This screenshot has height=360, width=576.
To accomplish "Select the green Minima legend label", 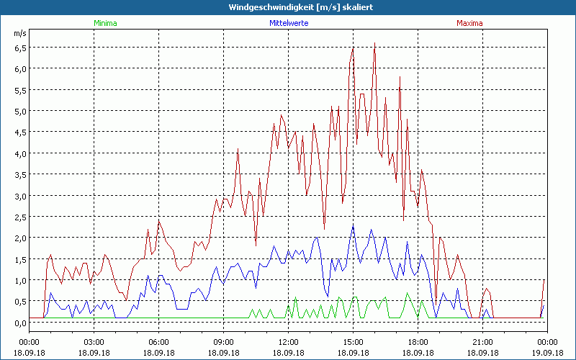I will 105,23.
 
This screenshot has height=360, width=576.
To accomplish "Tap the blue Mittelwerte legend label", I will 289,23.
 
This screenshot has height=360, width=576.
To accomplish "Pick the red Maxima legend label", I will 470,23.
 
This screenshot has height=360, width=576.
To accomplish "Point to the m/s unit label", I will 19,34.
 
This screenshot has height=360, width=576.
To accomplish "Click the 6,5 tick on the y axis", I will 20,48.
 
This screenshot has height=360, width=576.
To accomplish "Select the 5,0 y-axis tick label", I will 20,111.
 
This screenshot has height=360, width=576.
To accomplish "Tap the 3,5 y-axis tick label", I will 20,174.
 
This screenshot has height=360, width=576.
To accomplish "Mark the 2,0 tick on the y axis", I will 20,238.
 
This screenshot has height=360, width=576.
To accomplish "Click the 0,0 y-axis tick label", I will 20,323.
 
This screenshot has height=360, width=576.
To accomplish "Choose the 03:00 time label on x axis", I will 94,342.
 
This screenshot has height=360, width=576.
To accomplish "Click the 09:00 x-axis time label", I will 223,342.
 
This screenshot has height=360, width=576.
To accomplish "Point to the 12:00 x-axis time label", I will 288,342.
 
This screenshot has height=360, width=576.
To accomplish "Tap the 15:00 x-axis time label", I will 353,342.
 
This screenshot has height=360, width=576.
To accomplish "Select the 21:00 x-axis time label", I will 482,342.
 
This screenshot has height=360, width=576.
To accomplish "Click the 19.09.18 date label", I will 547,353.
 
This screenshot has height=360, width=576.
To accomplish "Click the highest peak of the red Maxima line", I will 374,43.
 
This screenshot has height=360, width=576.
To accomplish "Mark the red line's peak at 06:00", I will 159,220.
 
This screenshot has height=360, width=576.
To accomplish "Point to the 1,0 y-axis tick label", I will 20,280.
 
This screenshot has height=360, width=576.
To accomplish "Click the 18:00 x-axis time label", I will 418,342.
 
